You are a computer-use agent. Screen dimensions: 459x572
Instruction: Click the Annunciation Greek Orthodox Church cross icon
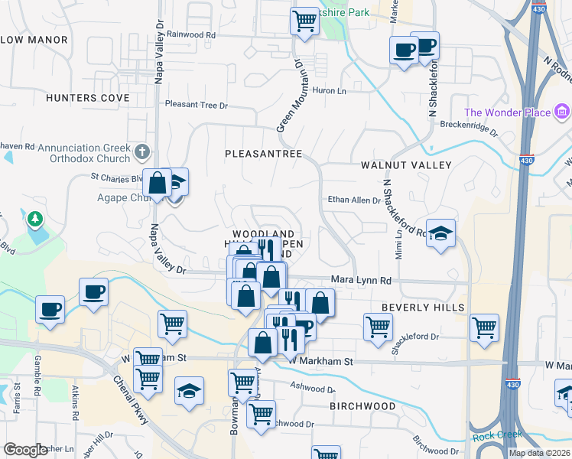pos(141,151)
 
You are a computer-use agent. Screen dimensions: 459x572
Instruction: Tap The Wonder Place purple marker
pos(562,113)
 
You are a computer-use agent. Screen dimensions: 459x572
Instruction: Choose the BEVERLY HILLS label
pos(423,307)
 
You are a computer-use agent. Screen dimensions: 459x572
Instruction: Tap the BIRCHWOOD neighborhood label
pos(362,407)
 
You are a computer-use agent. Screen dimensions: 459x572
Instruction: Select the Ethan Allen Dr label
pos(354,200)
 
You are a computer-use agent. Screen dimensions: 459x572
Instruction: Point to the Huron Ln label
pos(330,90)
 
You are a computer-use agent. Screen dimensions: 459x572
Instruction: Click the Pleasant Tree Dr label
pos(197,104)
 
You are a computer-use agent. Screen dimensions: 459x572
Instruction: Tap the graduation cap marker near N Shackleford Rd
pos(440,233)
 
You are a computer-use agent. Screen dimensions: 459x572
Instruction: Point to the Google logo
pos(25,450)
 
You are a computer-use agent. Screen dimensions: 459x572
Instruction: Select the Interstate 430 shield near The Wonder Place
pos(526,161)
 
